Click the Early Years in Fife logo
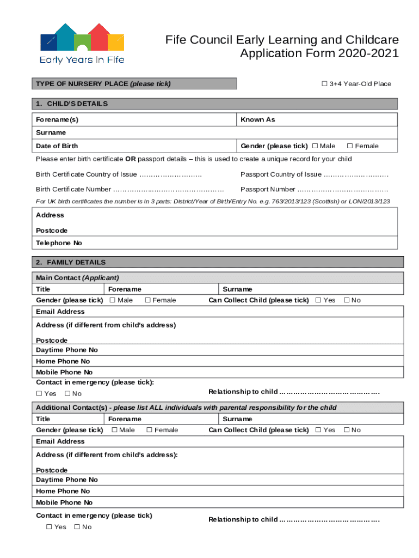[82, 44]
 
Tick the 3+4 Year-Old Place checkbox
[324, 83]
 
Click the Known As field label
[258, 119]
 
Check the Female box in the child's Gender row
[350, 146]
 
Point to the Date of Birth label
[57, 146]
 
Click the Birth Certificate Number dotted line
[169, 190]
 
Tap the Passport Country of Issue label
[281, 174]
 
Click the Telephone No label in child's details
[59, 243]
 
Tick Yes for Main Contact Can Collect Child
[318, 300]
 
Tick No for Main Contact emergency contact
[67, 394]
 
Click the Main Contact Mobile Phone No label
[64, 372]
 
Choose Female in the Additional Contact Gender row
[149, 430]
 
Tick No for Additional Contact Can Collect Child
[346, 430]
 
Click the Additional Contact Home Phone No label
[63, 491]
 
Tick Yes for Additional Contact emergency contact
[49, 527]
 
